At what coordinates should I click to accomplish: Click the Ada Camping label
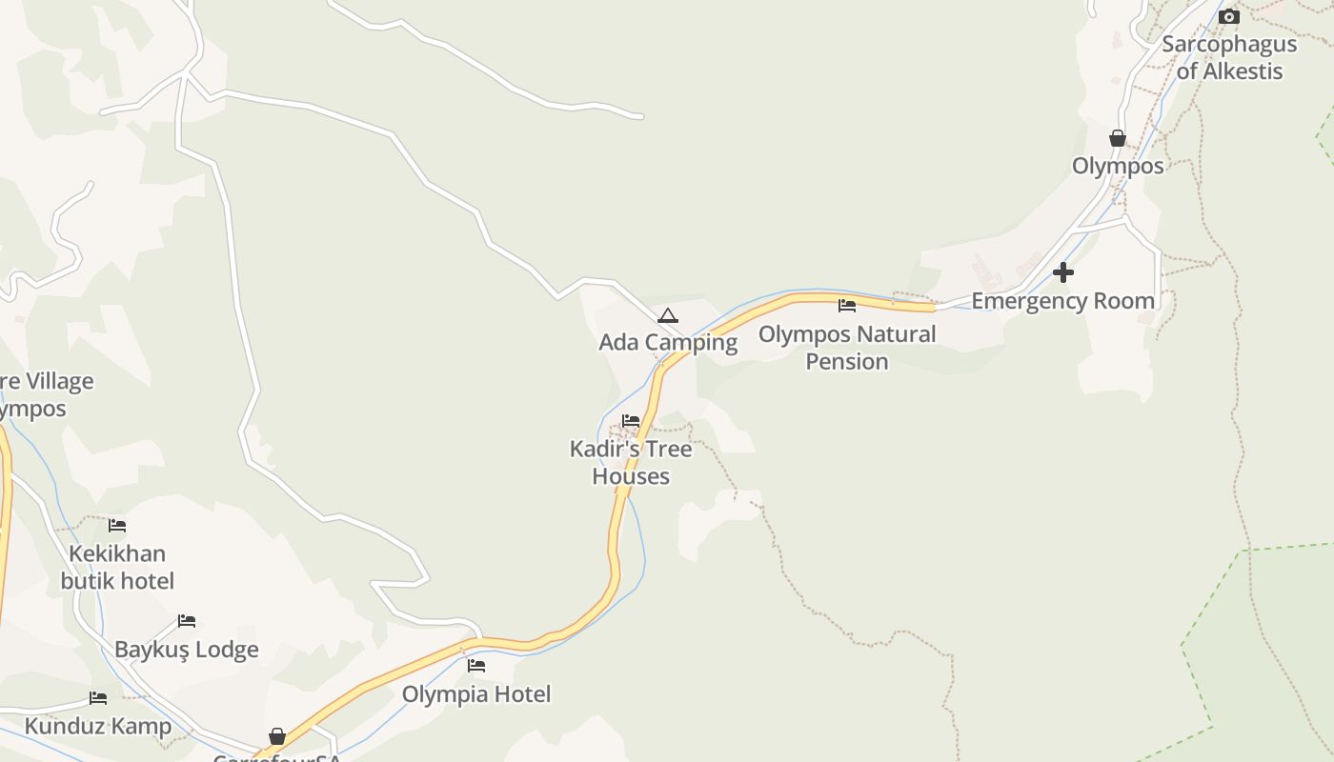[x=667, y=342]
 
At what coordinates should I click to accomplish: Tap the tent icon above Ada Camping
[x=668, y=315]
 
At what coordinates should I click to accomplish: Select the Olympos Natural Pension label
[x=847, y=348]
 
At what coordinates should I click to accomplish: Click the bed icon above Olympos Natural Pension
[x=847, y=306]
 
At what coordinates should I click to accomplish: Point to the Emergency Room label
[x=1062, y=301]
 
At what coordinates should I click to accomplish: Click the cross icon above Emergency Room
[x=1063, y=272]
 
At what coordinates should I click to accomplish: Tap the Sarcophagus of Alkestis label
[x=1229, y=57]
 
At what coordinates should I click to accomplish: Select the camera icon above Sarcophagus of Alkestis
[x=1229, y=16]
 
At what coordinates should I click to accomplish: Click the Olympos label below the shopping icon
[x=1118, y=166]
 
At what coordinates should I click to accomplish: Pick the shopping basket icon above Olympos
[x=1118, y=138]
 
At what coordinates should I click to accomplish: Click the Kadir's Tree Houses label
[x=631, y=462]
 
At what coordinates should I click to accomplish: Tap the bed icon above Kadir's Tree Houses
[x=631, y=420]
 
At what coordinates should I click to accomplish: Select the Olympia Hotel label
[x=476, y=694]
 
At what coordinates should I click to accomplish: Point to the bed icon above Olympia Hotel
[x=476, y=665]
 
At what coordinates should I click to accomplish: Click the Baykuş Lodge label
[x=187, y=650]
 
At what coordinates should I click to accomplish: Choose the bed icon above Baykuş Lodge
[x=187, y=621]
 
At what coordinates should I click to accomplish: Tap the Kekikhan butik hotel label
[x=117, y=567]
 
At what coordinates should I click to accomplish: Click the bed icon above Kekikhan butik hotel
[x=117, y=525]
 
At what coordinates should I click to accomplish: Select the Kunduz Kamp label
[x=98, y=726]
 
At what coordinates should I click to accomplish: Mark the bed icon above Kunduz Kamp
[x=98, y=698]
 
